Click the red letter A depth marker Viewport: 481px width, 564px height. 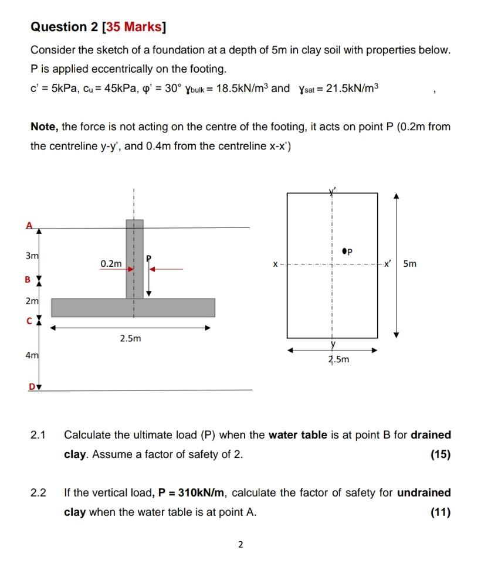pos(28,225)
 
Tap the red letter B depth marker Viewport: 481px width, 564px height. pos(27,280)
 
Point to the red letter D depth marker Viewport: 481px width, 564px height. pos(29,385)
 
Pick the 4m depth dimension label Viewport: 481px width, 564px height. pos(31,355)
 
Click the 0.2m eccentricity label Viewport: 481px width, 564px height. pos(111,264)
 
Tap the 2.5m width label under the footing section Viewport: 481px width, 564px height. pos(130,339)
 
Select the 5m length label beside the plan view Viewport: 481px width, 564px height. pos(410,264)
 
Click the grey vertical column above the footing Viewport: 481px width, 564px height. pos(134,258)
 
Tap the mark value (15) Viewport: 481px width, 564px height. pos(440,454)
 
